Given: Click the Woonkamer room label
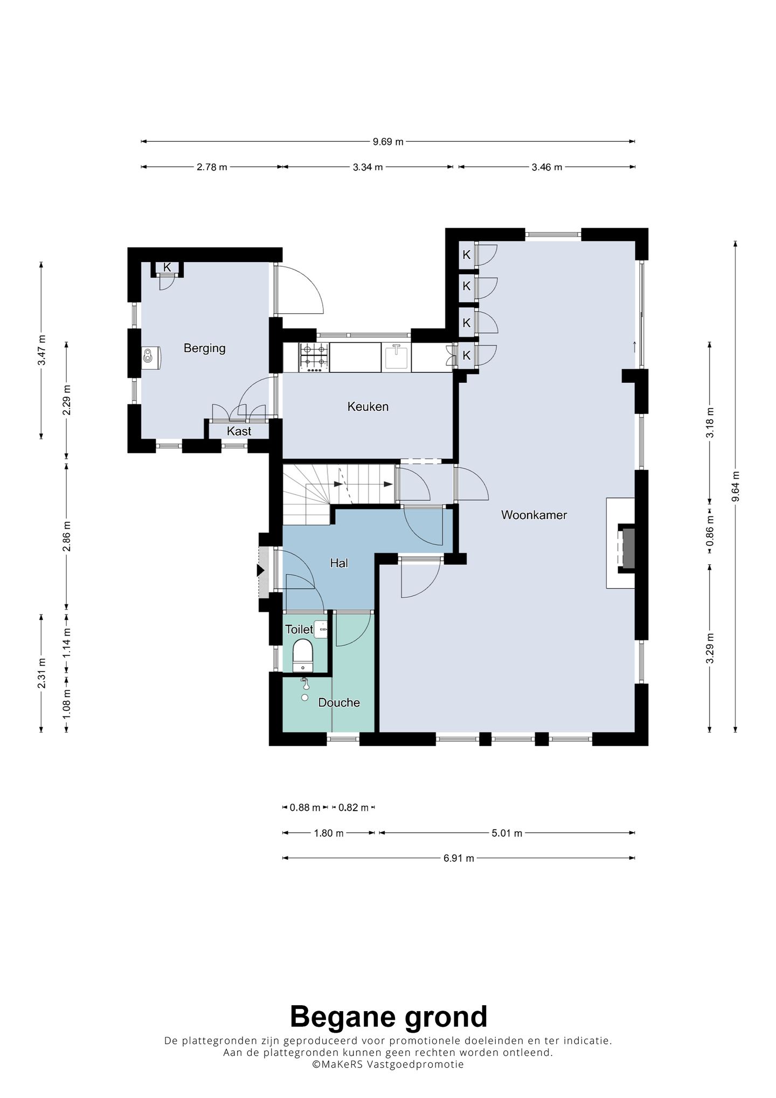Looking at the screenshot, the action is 533,515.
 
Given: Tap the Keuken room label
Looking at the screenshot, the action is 368,406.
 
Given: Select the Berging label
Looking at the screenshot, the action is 204,348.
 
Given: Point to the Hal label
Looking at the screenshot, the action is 339,563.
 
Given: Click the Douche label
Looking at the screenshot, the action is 339,702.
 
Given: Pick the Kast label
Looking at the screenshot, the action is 239,431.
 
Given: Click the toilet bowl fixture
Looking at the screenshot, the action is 302,655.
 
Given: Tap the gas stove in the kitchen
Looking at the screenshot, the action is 314,357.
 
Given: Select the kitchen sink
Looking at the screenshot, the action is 397,357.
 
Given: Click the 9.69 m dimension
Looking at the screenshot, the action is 388,142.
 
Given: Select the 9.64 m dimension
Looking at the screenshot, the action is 736,487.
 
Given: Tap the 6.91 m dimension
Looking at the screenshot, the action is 459,858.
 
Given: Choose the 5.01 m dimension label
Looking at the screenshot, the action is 507,833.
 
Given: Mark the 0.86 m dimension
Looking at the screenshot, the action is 710,531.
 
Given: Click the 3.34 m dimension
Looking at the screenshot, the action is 368,167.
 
